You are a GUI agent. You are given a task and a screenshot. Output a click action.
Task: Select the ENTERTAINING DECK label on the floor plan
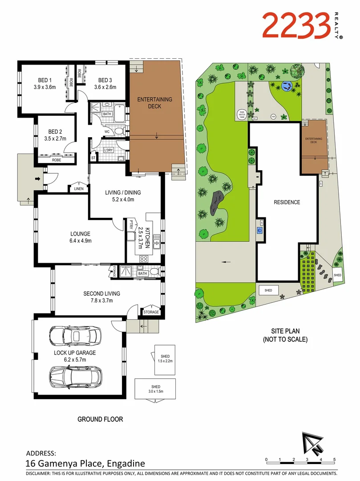pyautogui.click(x=154, y=103)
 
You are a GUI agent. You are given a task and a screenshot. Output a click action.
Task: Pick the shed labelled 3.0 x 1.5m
pyautogui.click(x=155, y=389)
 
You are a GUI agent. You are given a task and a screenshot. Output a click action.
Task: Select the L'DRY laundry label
pyautogui.click(x=109, y=150)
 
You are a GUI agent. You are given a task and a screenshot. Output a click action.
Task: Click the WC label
pyautogui.click(x=107, y=132)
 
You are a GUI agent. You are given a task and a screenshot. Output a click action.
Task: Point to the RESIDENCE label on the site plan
pyautogui.click(x=287, y=202)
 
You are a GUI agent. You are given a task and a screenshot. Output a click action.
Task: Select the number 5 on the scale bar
pyautogui.click(x=334, y=459)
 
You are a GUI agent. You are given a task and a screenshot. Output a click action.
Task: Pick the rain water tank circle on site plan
pyautogui.click(x=242, y=114)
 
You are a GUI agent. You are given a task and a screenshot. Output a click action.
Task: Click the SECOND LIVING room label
pyautogui.click(x=101, y=293)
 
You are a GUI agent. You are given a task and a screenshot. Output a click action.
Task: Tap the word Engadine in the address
pyautogui.click(x=125, y=463)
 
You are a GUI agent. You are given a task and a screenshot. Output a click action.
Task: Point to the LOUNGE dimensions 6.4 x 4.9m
pyautogui.click(x=80, y=241)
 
